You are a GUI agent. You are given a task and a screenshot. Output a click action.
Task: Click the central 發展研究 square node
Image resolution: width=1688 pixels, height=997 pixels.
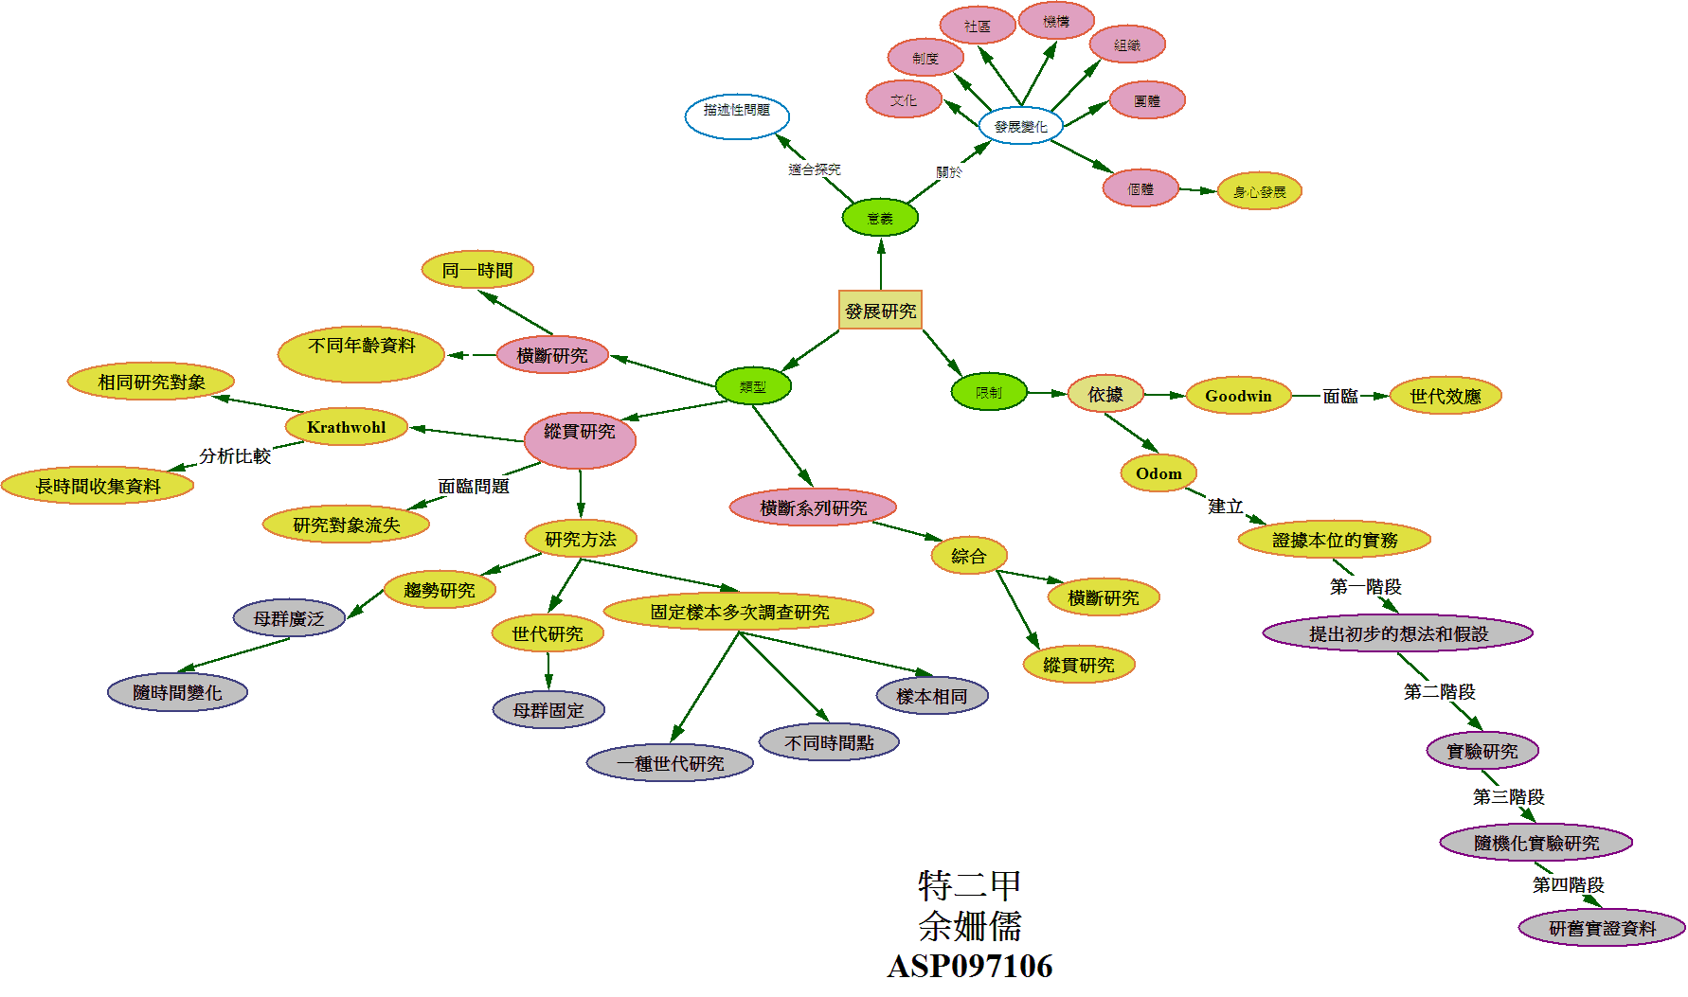coord(880,310)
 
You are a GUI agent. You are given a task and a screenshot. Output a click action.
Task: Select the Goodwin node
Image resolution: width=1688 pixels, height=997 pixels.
coord(1238,396)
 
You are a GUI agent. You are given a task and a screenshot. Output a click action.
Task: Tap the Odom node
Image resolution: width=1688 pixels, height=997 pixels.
coord(1158,473)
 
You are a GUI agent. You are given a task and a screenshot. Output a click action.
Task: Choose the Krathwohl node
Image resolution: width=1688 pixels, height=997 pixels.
coord(346,427)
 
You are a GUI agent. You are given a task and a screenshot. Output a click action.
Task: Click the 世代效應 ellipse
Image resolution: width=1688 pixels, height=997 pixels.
coord(1446,396)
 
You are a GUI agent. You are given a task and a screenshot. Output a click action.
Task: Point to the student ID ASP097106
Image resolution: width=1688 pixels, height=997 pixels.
coord(970,966)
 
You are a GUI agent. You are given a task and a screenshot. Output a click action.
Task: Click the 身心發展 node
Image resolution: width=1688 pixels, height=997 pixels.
coord(1260,191)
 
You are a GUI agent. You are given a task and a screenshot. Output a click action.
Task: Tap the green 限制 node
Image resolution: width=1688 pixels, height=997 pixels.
coord(989,392)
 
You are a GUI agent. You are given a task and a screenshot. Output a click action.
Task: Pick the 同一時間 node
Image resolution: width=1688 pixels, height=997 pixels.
coord(477,270)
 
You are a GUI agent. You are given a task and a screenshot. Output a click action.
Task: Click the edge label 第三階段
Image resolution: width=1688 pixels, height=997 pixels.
coord(1508,796)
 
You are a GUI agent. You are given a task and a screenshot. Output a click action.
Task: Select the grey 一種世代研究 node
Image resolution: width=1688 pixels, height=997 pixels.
coord(670,762)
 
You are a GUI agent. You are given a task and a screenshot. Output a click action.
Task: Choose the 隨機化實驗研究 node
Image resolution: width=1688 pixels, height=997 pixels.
coord(1535,843)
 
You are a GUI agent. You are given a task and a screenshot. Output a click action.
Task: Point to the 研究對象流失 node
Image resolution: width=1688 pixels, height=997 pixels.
coord(346,525)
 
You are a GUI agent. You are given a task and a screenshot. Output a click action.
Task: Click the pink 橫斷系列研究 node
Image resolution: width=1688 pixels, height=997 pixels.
coord(813,507)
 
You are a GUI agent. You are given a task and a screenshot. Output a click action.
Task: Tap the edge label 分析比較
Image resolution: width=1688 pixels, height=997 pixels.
coord(235,455)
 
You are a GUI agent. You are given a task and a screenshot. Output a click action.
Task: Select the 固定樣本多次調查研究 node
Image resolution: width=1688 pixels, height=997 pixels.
coord(739,612)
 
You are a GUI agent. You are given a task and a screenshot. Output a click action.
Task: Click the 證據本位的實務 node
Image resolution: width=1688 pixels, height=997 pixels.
coord(1334,540)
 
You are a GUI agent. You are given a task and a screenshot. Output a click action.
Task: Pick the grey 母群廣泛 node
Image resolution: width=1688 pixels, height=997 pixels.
coord(289,618)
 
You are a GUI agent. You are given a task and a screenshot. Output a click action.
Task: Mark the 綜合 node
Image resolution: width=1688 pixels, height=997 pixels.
coord(968,556)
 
